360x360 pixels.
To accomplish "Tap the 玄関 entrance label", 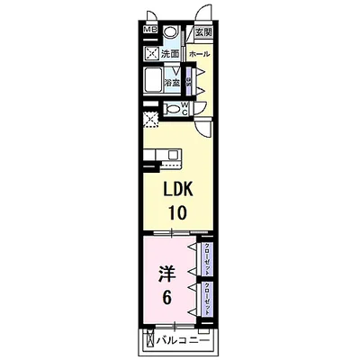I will [x=203, y=32].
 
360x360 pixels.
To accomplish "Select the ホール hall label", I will [x=200, y=54].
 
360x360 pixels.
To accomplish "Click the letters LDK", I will [x=177, y=191].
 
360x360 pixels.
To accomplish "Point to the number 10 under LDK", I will [x=177, y=215].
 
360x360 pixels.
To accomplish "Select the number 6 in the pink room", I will [x=166, y=294].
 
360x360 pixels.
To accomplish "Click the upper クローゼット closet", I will [x=206, y=258].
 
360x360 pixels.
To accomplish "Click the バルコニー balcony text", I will [x=188, y=341].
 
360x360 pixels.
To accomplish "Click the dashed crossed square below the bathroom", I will [x=150, y=114].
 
